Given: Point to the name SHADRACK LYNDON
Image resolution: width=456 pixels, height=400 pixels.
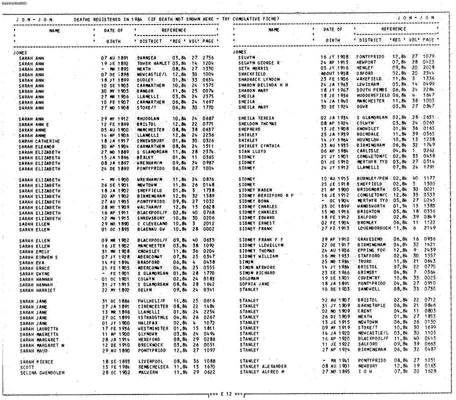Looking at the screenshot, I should (259, 79).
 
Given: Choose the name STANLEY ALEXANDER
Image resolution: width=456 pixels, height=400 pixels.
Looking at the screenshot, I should (263, 366).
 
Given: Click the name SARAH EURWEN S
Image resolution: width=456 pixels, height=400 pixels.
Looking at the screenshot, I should (39, 257).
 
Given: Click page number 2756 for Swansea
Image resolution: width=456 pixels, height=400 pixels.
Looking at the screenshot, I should (208, 58).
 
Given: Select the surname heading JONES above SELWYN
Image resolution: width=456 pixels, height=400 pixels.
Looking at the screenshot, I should (239, 52).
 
